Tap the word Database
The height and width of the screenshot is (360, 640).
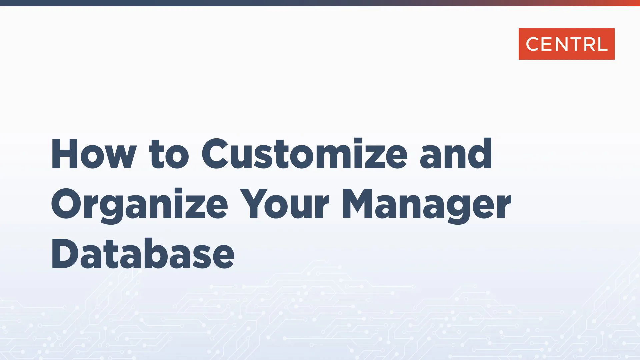(143, 254)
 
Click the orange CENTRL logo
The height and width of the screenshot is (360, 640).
(566, 44)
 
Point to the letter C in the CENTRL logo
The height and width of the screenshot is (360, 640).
(532, 44)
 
